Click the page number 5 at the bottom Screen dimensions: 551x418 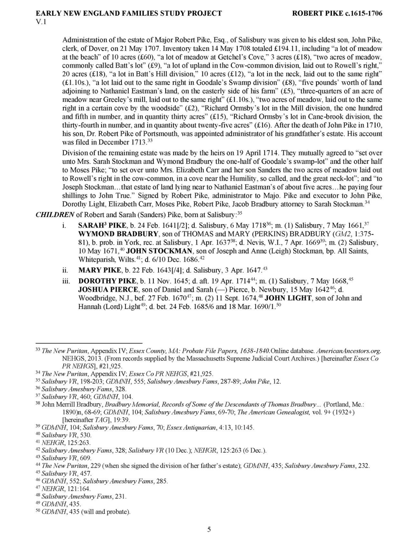(x=209, y=530)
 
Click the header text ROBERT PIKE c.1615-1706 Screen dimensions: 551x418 (x=337, y=14)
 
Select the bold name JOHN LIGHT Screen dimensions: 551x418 (x=288, y=298)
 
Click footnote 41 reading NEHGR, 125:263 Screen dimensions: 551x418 (x=66, y=442)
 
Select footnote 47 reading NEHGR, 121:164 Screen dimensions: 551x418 (x=66, y=489)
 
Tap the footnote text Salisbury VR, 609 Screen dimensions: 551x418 (x=66, y=458)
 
